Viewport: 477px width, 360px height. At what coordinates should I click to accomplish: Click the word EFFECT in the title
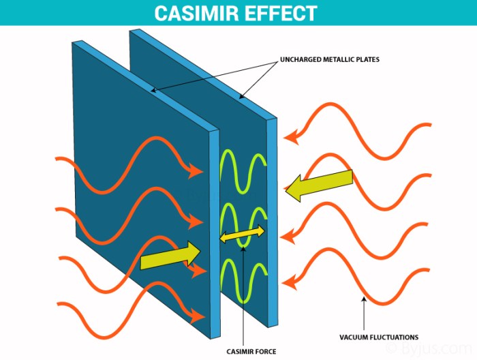coord(283,13)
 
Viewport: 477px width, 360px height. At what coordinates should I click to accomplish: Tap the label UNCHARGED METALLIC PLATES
coord(330,60)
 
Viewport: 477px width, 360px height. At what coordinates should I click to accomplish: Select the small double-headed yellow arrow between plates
coord(241,236)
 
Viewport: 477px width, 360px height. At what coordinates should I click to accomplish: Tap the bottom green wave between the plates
coord(242,281)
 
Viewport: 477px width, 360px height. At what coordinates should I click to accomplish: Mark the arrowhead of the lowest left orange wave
coord(200,316)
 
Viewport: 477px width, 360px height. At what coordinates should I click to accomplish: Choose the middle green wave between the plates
coord(242,222)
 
